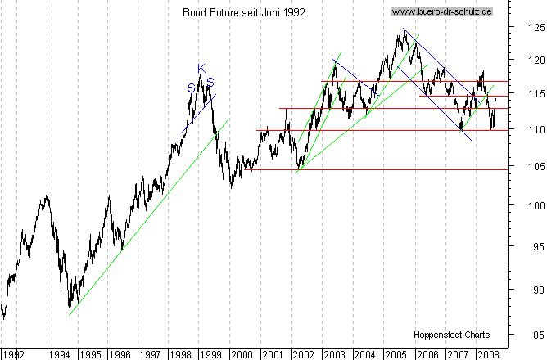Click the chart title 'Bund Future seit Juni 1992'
click(x=237, y=12)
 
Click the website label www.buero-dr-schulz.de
click(x=443, y=12)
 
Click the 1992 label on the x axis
click(x=14, y=355)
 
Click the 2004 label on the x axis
click(x=364, y=355)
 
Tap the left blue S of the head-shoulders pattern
click(x=191, y=88)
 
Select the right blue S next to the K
click(x=210, y=82)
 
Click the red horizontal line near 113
click(x=368, y=108)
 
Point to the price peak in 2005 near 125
click(x=404, y=30)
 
